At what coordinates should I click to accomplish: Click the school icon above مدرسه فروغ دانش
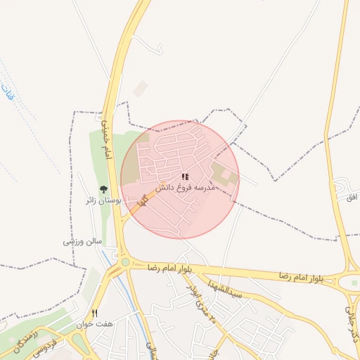(185, 177)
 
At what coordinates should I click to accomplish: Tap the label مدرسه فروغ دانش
(182, 188)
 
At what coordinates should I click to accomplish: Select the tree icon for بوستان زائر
(104, 189)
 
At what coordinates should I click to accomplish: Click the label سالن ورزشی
(83, 241)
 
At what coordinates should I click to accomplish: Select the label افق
(352, 197)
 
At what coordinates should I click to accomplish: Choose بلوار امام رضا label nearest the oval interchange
(301, 276)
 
